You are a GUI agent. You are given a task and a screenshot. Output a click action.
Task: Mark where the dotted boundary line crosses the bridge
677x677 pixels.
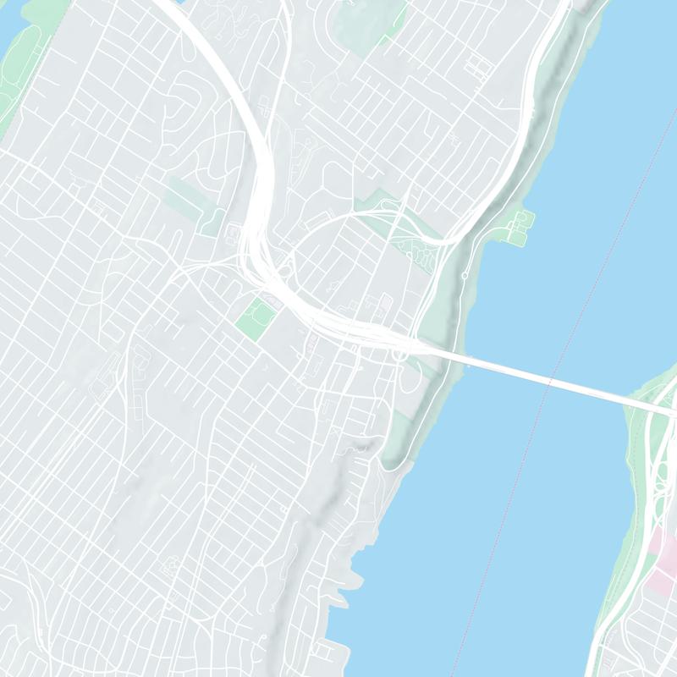(550, 382)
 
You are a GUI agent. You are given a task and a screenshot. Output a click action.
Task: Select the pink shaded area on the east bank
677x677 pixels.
(661, 563)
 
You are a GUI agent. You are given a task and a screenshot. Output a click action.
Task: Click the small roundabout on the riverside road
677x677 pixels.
(465, 276)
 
